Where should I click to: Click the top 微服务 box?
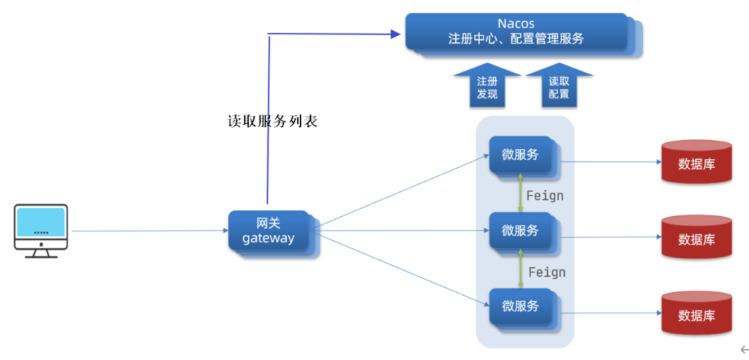(x=521, y=154)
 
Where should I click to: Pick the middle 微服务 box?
(x=521, y=231)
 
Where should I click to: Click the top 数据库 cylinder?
(x=697, y=163)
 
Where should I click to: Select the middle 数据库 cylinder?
(x=697, y=238)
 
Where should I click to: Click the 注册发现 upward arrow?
(x=487, y=86)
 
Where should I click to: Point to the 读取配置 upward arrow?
(x=559, y=86)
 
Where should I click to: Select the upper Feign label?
(x=545, y=195)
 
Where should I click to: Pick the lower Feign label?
(x=547, y=272)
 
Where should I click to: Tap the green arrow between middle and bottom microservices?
(x=521, y=269)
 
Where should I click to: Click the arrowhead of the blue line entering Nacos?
(x=395, y=33)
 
